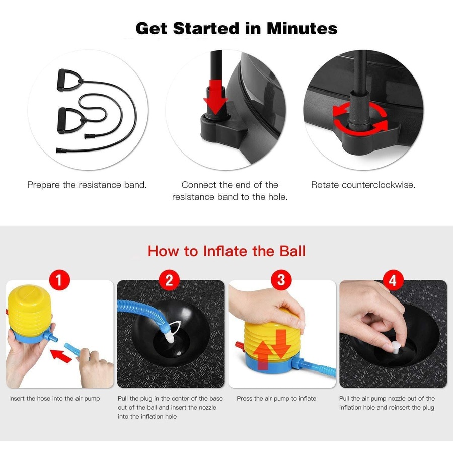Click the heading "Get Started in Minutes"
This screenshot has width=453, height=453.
click(x=237, y=28)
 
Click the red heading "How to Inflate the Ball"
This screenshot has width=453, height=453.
click(x=226, y=251)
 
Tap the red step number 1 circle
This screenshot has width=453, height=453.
click(x=60, y=280)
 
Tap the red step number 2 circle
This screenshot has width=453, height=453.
click(x=170, y=280)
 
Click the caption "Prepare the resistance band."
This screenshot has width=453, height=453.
click(x=87, y=185)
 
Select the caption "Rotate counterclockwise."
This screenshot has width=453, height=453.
click(x=363, y=185)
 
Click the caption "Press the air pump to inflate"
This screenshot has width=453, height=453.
click(x=276, y=399)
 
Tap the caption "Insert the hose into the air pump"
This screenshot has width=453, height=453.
click(x=54, y=399)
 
